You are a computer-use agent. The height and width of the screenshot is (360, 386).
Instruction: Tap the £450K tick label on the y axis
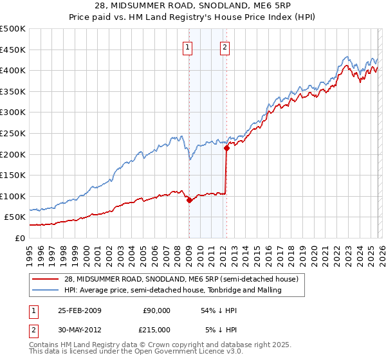[13, 50]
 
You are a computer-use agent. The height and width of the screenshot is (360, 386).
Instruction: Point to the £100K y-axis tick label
[13, 196]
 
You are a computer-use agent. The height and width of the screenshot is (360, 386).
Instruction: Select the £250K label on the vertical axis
[13, 133]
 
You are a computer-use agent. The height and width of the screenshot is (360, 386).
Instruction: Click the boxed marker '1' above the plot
[187, 46]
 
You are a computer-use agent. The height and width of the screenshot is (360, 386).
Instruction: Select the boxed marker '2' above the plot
[225, 46]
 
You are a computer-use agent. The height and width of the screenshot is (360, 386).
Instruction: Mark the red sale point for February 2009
[189, 200]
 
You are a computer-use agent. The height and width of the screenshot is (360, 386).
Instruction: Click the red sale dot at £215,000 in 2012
[226, 148]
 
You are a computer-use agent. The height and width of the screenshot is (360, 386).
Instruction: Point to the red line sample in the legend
[47, 280]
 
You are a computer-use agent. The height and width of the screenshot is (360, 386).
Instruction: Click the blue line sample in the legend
[47, 291]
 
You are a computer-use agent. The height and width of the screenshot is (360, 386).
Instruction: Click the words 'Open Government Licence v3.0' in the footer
[158, 352]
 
